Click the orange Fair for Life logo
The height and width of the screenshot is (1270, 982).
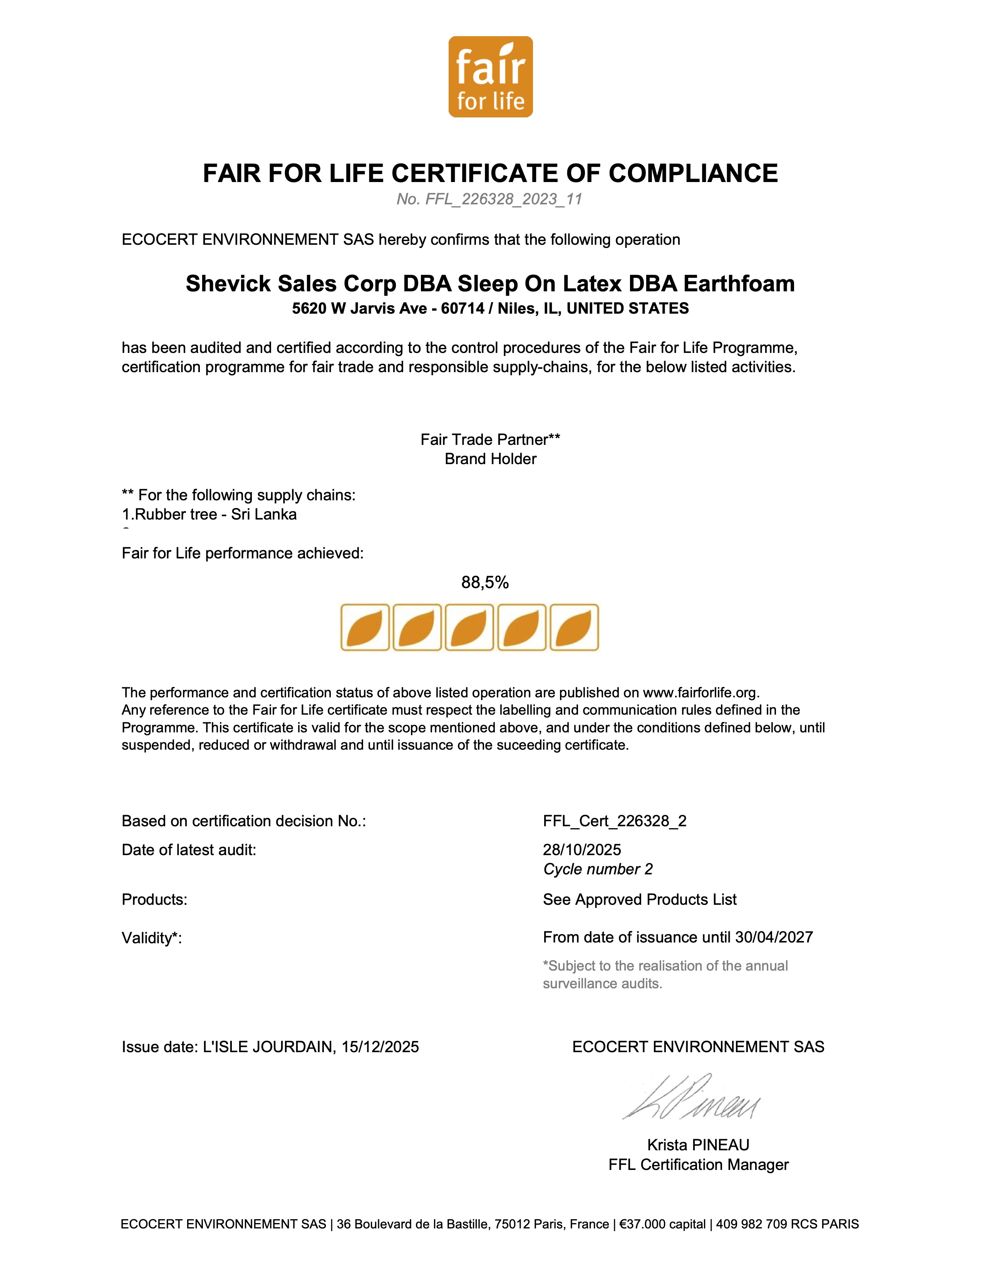tap(490, 77)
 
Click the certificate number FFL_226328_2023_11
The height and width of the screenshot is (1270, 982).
tap(503, 199)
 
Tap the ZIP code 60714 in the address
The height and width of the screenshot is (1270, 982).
tap(463, 308)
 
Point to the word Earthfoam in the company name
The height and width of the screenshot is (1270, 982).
tap(739, 284)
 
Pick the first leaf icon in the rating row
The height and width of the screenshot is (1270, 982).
tap(365, 627)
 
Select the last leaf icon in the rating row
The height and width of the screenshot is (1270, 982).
tap(574, 627)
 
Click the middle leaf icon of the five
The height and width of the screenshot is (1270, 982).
tap(469, 627)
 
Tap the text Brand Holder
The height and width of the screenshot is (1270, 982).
tap(490, 459)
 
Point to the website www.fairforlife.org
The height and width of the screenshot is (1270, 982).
tap(700, 693)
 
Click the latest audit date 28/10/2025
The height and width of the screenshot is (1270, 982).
tap(582, 850)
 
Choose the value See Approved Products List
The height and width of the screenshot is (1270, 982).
tap(639, 900)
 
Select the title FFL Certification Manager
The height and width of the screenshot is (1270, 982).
tap(698, 1165)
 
